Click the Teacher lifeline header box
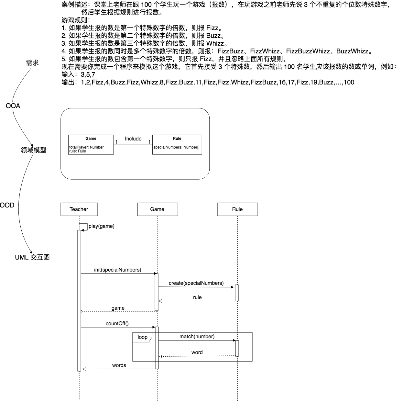(79, 209)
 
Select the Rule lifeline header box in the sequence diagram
(237, 209)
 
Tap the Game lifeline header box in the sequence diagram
(158, 209)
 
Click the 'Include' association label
(133, 139)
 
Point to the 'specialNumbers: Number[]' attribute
(176, 147)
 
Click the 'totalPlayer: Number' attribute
(86, 147)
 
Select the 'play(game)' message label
(102, 226)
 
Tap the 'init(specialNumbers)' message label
(118, 270)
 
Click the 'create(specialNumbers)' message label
(196, 283)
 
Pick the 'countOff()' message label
(117, 324)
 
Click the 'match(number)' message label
(197, 337)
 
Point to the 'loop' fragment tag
(143, 337)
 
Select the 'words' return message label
(119, 365)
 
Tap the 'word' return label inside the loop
(197, 352)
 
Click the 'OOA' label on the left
(13, 106)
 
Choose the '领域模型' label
(33, 150)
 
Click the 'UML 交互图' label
(32, 257)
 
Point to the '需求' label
(32, 63)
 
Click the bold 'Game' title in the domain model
(91, 139)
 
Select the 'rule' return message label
(197, 297)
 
